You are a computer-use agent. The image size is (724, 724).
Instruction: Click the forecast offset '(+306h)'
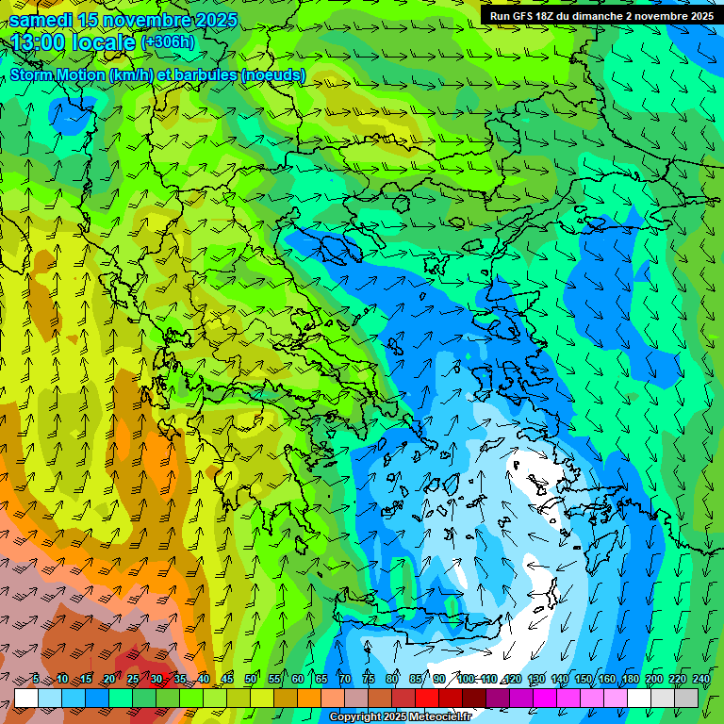click(x=168, y=42)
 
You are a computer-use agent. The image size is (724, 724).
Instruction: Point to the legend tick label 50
click(x=251, y=680)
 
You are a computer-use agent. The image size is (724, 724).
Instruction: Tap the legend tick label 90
click(x=439, y=680)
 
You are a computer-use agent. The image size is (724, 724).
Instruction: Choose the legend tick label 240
click(x=700, y=680)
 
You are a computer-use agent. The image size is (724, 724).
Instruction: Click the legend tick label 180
click(x=630, y=680)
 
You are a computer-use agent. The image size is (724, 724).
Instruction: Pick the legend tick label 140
click(x=559, y=680)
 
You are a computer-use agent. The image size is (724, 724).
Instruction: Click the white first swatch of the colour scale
click(x=26, y=698)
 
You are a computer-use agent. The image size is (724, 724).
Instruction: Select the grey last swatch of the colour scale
click(x=686, y=698)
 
